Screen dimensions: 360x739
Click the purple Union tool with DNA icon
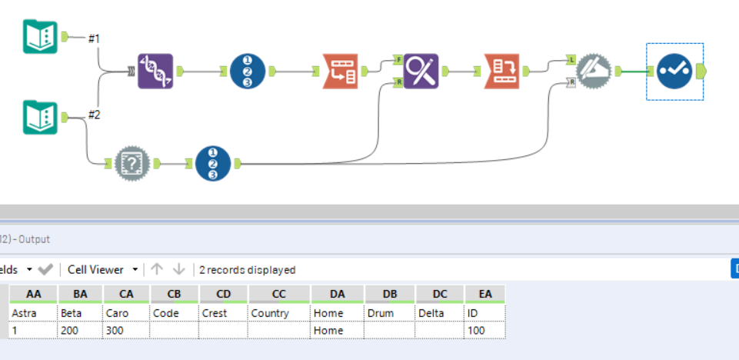tap(155, 72)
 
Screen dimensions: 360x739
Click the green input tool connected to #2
tap(40, 117)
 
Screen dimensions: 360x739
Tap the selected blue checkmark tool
tap(674, 72)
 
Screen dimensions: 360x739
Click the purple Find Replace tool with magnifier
tap(421, 72)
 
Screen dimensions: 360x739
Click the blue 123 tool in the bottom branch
tap(213, 163)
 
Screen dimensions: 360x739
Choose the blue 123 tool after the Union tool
tap(247, 72)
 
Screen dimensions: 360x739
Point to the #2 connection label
tap(94, 115)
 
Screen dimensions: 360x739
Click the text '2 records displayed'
tap(248, 270)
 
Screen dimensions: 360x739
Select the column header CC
tap(278, 294)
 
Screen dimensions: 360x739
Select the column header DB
tap(389, 294)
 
